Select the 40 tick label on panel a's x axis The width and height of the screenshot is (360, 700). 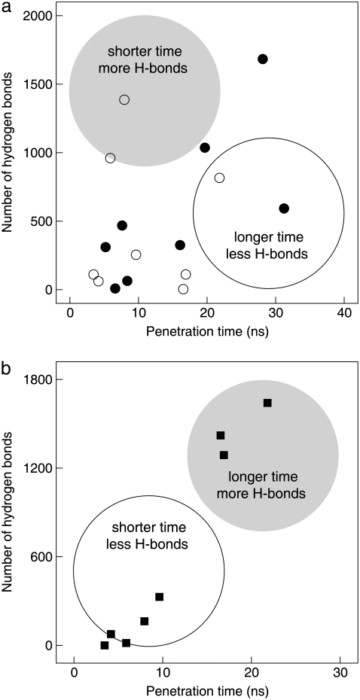pyautogui.click(x=344, y=311)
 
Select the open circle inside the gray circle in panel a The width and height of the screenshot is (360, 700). pyautogui.click(x=124, y=99)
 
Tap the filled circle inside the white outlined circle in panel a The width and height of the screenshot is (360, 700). pyautogui.click(x=284, y=208)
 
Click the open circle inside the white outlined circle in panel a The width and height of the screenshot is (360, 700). pyautogui.click(x=219, y=178)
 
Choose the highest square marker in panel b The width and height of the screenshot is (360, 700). pyautogui.click(x=267, y=403)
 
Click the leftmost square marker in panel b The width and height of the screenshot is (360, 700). pyautogui.click(x=105, y=645)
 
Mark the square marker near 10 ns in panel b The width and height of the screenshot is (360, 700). pyautogui.click(x=159, y=597)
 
